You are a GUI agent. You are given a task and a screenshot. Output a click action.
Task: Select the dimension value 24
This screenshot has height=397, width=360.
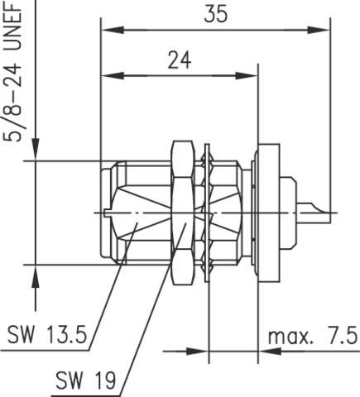176,60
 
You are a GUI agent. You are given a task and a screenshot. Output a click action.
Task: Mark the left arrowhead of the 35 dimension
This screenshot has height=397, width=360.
106,30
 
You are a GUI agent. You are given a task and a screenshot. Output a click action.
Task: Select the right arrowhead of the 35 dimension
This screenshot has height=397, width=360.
328,30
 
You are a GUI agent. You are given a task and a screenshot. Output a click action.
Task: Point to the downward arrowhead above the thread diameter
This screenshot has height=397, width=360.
35,153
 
